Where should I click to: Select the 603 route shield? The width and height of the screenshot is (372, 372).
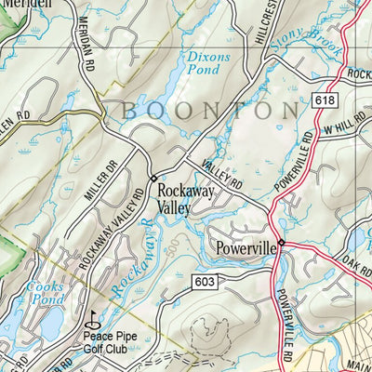click(x=207, y=281)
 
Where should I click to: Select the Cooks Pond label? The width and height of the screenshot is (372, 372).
click(x=45, y=295)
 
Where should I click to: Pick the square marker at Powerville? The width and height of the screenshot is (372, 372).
click(x=281, y=244)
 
